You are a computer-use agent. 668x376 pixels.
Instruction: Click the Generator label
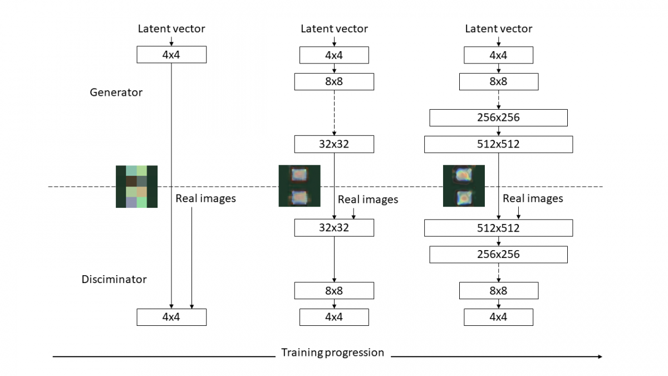coord(116,92)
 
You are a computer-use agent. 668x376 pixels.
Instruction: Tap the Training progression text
coord(332,353)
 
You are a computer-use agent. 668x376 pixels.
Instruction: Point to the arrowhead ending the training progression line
coord(600,356)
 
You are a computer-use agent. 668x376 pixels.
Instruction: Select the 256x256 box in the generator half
coord(498,118)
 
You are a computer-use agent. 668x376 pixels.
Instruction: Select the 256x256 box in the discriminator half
coord(498,255)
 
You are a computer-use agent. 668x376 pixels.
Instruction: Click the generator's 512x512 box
coord(498,145)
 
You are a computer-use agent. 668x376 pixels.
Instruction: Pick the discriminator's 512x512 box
coord(498,228)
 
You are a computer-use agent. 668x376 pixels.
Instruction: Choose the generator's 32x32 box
coord(334,145)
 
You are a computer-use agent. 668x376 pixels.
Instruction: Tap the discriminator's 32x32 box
coord(334,228)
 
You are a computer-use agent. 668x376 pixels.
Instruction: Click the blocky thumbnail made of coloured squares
coord(136,187)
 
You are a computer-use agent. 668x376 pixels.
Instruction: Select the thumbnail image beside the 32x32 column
coord(299,186)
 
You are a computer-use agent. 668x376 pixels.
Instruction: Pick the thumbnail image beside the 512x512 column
coord(464,186)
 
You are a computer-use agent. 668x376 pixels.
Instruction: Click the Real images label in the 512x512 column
coord(533,199)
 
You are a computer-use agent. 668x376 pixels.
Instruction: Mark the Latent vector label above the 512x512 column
coord(498,29)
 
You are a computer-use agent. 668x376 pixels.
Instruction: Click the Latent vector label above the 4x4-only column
coord(171,28)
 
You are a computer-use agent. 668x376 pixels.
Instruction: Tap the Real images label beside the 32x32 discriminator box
coord(368,199)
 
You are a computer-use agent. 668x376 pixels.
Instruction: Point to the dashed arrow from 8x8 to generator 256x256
coord(498,100)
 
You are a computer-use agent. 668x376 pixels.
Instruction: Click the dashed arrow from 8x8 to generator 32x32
coord(334,113)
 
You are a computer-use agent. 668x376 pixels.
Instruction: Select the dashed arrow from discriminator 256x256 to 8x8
coord(498,272)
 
